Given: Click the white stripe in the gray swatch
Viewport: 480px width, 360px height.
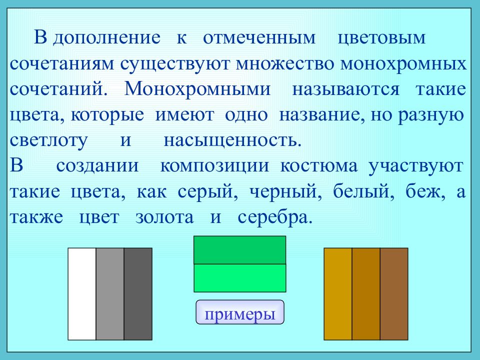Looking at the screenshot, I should point(81,294).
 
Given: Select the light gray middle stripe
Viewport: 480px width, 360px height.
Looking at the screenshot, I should point(109,294).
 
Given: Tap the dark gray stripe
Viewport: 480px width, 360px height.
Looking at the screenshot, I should point(138,294).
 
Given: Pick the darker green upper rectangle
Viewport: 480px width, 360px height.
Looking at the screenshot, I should point(239,249).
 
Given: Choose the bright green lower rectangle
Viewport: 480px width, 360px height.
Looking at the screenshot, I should point(239,277).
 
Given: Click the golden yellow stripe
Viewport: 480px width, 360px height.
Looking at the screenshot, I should point(338,294).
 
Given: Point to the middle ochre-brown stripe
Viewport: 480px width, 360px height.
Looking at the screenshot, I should point(366,294).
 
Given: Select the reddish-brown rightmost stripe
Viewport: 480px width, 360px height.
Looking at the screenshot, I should point(394,294).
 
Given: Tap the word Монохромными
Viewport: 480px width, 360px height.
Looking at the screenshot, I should point(198,90).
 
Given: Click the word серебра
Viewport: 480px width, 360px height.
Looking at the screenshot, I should point(274,218).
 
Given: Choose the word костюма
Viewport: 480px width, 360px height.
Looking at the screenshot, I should point(319,166).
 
